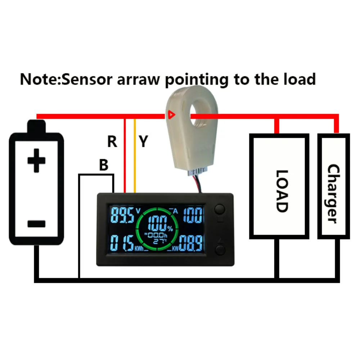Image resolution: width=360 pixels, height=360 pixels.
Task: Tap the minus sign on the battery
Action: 36,224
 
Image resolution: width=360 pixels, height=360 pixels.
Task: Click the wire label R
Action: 112,142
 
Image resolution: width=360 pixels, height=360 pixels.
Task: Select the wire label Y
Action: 143,142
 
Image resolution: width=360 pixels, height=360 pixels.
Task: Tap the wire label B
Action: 104,165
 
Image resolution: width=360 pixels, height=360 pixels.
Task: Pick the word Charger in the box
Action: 333,194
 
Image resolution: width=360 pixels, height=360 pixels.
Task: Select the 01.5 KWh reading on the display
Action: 122,243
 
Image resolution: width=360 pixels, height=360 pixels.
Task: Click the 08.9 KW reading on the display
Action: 191,243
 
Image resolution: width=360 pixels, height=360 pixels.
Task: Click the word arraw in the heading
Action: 138,79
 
